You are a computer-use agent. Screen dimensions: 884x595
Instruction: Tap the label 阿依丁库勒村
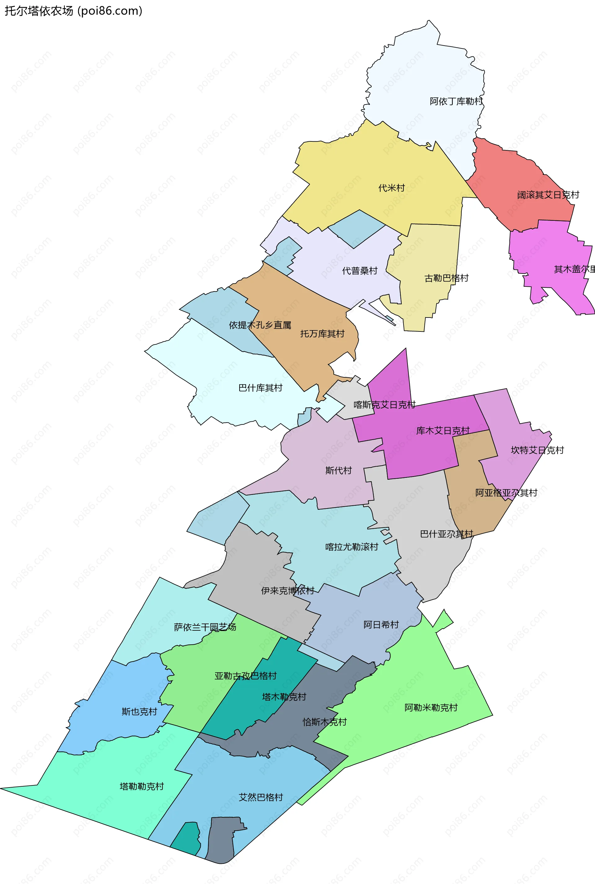[x=456, y=101]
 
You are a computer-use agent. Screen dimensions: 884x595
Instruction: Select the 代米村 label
[x=392, y=188]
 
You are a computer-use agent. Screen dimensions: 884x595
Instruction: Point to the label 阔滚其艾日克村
[x=548, y=195]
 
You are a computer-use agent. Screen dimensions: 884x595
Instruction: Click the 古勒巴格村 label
[x=446, y=278]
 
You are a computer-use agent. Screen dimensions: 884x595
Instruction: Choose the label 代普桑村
[x=360, y=271]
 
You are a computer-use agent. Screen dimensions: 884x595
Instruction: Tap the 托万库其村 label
[x=322, y=334]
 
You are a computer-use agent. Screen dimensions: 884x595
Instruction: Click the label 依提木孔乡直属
[x=260, y=325]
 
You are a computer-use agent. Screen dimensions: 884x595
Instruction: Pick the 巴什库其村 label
[x=260, y=388]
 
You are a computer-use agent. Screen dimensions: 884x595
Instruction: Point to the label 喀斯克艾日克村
[x=384, y=405]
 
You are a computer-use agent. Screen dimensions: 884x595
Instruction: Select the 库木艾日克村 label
[x=443, y=430]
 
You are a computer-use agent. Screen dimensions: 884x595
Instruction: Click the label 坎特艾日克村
[x=537, y=450]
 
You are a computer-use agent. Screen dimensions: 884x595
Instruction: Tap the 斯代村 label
[x=338, y=471]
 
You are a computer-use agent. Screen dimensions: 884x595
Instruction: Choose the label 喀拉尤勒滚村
[x=352, y=547]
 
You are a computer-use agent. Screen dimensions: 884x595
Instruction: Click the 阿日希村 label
[x=381, y=625]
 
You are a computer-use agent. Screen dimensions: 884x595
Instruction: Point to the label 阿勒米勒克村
[x=431, y=708]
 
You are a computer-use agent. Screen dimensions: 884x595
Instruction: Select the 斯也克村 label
[x=139, y=712]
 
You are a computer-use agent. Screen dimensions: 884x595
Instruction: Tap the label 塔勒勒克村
[x=142, y=786]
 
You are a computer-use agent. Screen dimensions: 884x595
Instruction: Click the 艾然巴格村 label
[x=261, y=797]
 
